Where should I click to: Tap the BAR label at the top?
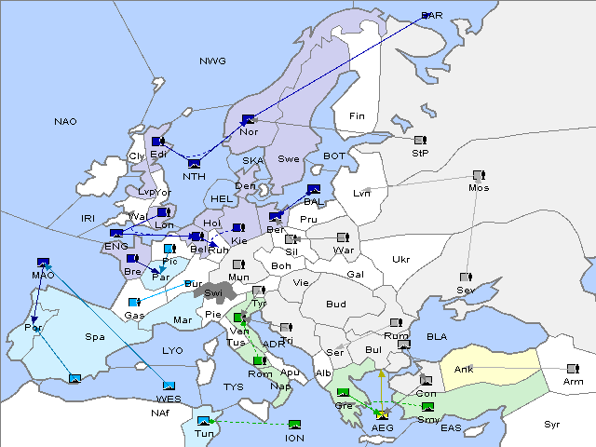click(431, 15)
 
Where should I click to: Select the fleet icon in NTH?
click(194, 165)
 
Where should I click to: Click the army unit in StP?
click(419, 141)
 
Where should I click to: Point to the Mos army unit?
click(479, 175)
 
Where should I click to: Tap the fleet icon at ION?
click(295, 425)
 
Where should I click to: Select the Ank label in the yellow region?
click(464, 370)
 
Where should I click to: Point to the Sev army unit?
click(466, 278)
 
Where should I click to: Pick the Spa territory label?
click(95, 336)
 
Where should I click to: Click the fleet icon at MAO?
click(43, 264)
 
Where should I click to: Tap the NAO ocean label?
click(65, 121)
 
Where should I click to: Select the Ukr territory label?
click(400, 260)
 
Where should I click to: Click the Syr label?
click(552, 424)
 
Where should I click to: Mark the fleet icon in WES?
click(169, 386)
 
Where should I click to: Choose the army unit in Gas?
click(134, 303)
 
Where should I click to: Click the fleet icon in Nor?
click(248, 119)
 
